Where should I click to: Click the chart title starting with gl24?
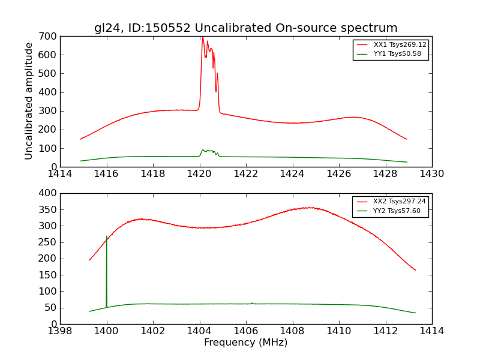[x=245, y=28]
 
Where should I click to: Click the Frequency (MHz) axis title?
[x=245, y=343]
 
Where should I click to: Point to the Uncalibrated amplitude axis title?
[x=29, y=101]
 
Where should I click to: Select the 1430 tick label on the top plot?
[x=431, y=174]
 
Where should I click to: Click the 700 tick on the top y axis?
[x=49, y=37]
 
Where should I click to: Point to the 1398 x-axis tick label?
[x=61, y=331]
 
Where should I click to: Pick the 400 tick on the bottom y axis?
[x=49, y=193]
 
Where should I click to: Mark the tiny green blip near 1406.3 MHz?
[x=252, y=303]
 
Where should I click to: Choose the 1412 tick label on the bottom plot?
[x=385, y=331]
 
